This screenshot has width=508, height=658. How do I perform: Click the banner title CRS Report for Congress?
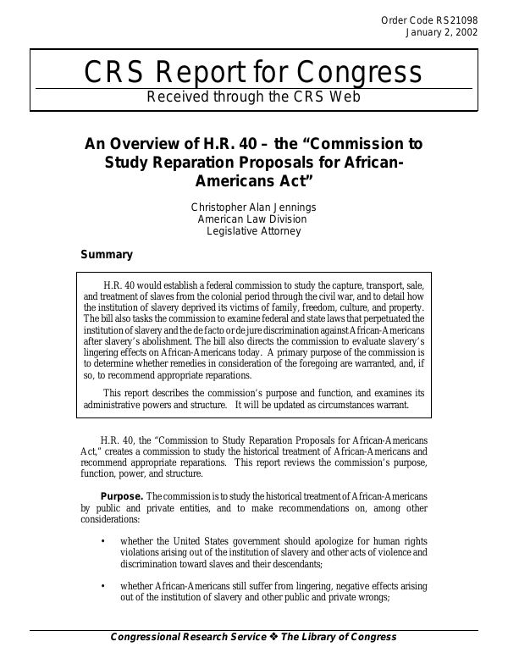coord(254,75)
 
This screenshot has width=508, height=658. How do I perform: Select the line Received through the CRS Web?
coord(254,97)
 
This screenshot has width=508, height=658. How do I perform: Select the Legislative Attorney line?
coord(254,230)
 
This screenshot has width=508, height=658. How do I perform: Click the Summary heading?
coord(106,254)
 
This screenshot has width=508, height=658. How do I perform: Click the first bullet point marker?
coord(103,541)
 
